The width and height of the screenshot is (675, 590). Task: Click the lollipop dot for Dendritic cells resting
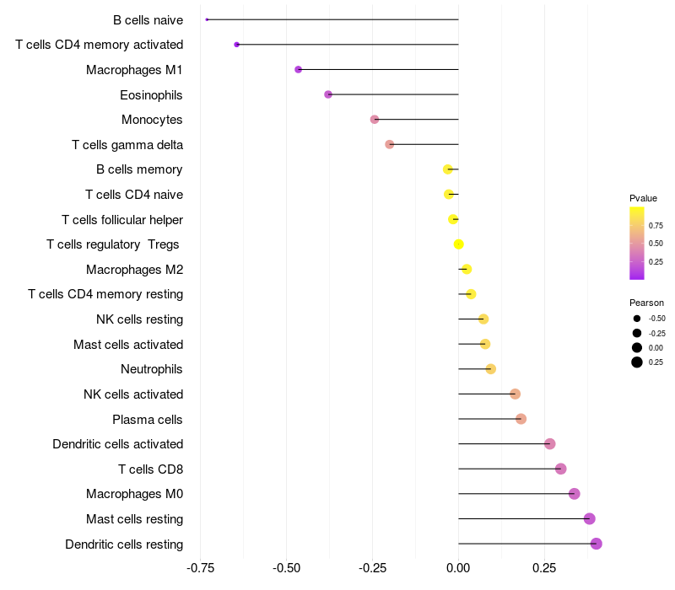[597, 544]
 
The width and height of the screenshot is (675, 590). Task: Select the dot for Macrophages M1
[298, 69]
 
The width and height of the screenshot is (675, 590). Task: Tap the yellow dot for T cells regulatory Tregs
[458, 244]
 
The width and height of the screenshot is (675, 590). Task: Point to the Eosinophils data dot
[328, 94]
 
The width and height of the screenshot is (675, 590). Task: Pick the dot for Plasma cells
[521, 419]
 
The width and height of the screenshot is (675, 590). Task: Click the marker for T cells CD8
[560, 469]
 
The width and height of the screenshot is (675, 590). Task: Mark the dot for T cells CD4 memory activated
[237, 45]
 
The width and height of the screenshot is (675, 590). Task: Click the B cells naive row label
[148, 19]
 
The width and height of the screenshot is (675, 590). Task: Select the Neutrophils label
[152, 369]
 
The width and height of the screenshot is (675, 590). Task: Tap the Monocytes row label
[152, 120]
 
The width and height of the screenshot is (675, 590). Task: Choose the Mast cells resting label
[134, 518]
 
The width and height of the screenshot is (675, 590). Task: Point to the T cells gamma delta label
[127, 145]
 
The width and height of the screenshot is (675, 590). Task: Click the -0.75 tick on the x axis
[200, 570]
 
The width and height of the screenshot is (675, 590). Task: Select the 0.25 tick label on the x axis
[544, 570]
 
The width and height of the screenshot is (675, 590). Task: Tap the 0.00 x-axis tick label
[458, 570]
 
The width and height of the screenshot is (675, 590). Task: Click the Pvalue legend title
[643, 198]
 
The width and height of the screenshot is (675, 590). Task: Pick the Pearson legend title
[646, 303]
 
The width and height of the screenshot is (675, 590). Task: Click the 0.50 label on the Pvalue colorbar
[656, 244]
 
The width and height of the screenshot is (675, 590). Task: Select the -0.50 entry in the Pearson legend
[656, 319]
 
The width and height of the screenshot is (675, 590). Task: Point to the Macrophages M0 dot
[575, 494]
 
